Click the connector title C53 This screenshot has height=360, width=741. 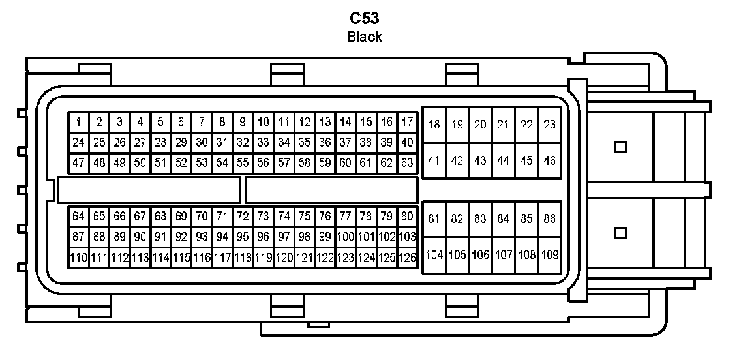point(365,18)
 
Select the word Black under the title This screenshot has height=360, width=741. point(365,37)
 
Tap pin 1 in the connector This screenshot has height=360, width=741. point(78,122)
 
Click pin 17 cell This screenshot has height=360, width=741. point(407,122)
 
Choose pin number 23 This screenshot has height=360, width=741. point(549,125)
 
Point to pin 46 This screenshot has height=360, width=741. point(549,160)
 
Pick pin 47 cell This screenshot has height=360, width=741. point(78,162)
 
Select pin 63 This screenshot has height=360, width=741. point(407,162)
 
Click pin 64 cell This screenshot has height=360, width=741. point(78,216)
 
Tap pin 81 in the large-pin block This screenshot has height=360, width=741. point(434,219)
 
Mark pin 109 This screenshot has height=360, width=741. point(549,255)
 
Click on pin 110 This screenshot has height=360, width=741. point(78,258)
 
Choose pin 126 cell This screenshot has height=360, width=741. point(407,258)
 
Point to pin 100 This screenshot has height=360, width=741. point(345,237)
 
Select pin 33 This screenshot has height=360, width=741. point(263,142)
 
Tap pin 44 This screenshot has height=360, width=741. point(503,160)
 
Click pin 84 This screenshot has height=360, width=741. point(503,219)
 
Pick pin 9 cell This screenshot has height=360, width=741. point(243,122)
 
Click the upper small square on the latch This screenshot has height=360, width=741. point(620,147)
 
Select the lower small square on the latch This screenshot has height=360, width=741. point(620,232)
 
